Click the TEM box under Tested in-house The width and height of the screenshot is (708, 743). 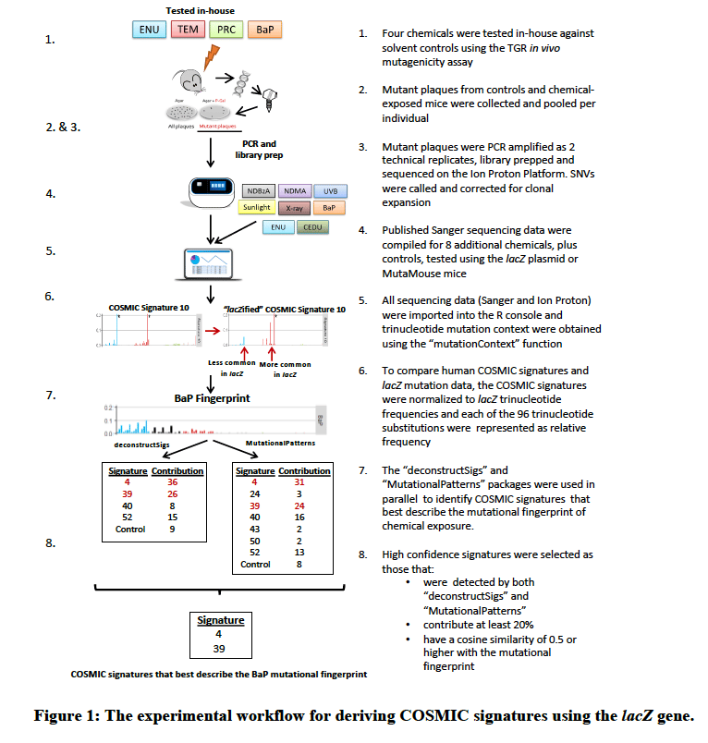(189, 30)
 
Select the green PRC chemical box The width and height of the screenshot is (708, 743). (226, 30)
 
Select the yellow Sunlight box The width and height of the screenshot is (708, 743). (256, 208)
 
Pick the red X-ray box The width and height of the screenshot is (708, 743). (294, 208)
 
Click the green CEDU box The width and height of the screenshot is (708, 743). (312, 227)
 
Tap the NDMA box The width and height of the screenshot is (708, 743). (294, 190)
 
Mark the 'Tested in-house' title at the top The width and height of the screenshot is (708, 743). (206, 9)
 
